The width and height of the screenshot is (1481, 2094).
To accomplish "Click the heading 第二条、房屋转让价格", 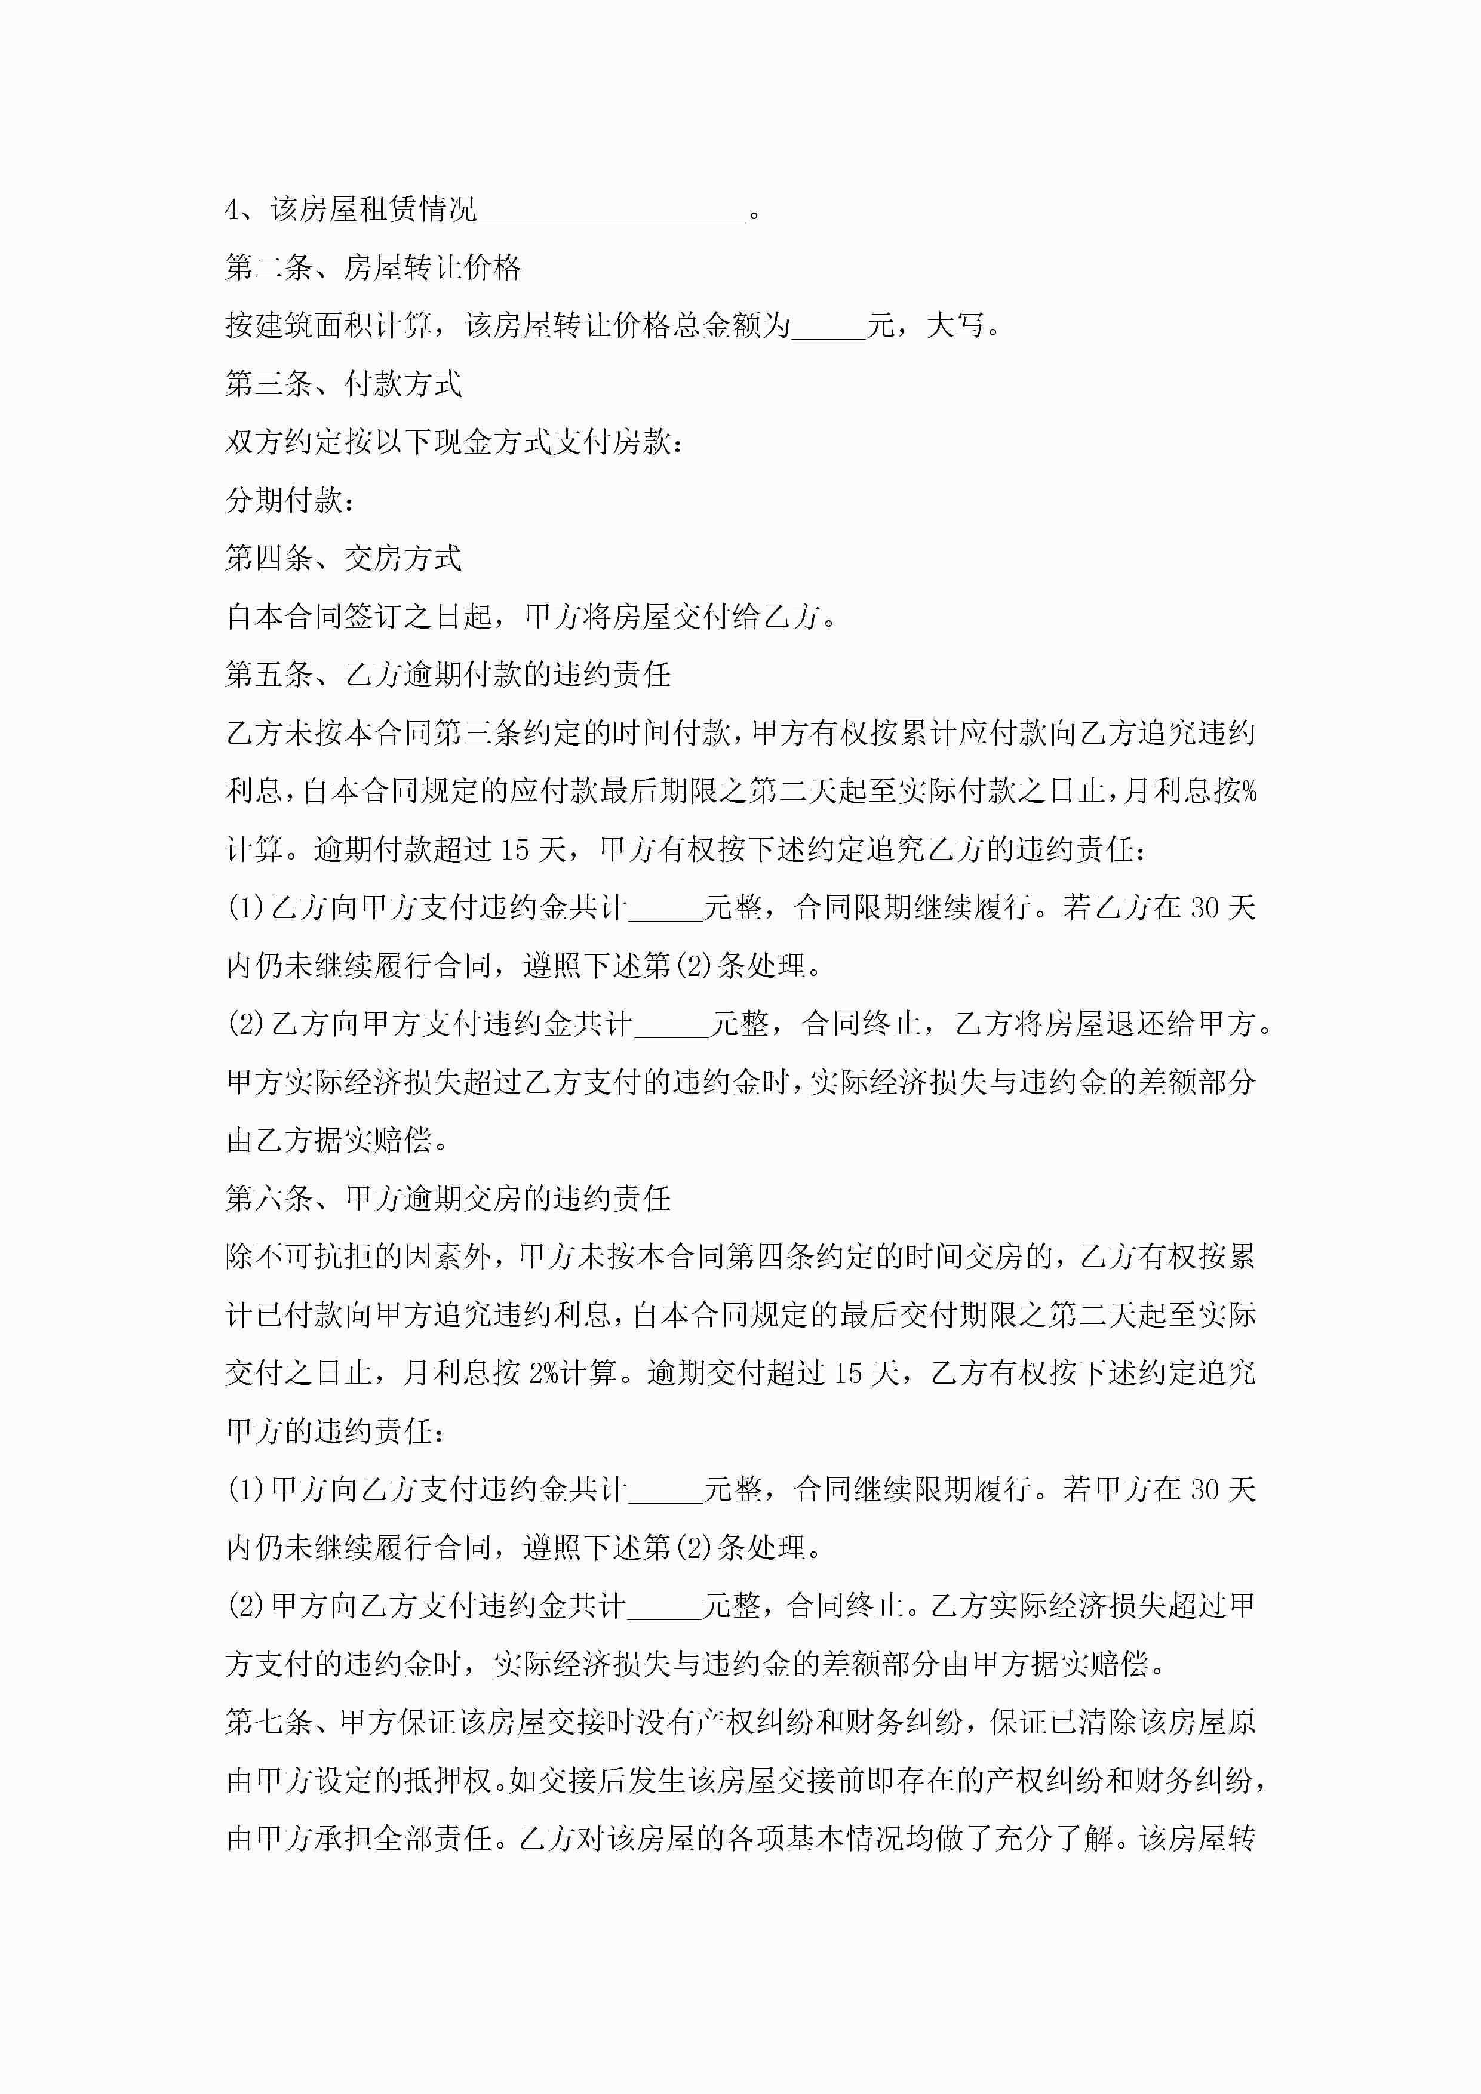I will coord(372,268).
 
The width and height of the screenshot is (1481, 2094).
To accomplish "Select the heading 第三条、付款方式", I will coord(343,384).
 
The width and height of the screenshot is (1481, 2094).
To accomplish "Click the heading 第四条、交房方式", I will coord(343,558).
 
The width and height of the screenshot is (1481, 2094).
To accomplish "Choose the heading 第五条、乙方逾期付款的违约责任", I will coord(448,675).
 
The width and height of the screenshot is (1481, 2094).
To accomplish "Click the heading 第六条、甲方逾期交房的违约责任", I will coord(448,1199).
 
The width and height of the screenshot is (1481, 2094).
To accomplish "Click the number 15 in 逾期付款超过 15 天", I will coord(515,850).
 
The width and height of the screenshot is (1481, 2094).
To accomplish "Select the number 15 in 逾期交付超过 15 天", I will coord(849,1374).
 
